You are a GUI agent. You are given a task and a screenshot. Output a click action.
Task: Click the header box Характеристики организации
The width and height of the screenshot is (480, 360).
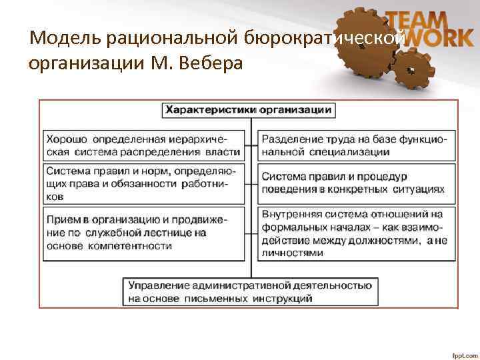pos(249,110)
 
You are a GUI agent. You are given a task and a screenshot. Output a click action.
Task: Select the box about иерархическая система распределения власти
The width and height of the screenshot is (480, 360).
pos(143,145)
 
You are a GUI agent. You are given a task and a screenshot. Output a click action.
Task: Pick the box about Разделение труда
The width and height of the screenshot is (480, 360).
pos(356,145)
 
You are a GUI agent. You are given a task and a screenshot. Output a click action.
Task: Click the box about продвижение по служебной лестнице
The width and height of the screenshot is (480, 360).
pos(143,233)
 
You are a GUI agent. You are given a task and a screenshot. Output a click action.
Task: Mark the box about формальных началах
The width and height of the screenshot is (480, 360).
pos(356,233)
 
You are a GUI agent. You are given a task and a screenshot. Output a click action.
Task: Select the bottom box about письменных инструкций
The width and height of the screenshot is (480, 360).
pos(251,292)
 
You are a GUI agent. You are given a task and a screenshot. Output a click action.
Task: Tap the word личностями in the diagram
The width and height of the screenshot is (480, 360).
pos(293,253)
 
